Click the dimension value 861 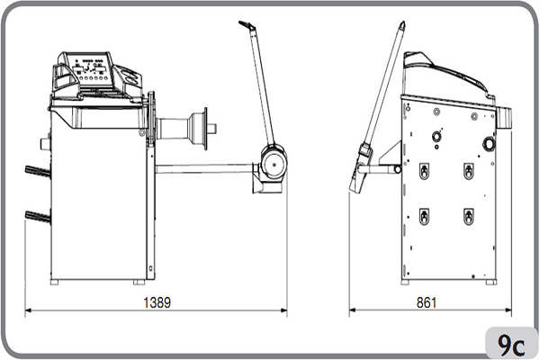point(427,302)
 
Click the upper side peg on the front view point(37,171)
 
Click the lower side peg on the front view point(37,215)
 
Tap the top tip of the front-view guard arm point(245,25)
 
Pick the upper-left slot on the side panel point(424,170)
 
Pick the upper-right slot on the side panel point(468,170)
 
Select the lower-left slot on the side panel point(424,216)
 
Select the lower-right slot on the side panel point(468,216)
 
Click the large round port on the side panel point(489,144)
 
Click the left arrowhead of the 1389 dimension point(28,311)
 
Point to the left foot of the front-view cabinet point(55,282)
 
